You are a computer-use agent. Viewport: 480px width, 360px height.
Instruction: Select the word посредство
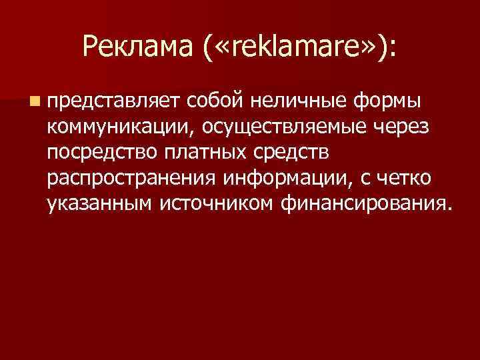(x=101, y=153)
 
